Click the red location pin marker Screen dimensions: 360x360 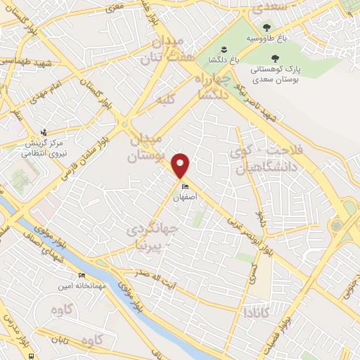tap(181, 165)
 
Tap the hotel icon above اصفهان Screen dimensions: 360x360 tap(185, 187)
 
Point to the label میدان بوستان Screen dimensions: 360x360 tap(148, 145)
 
